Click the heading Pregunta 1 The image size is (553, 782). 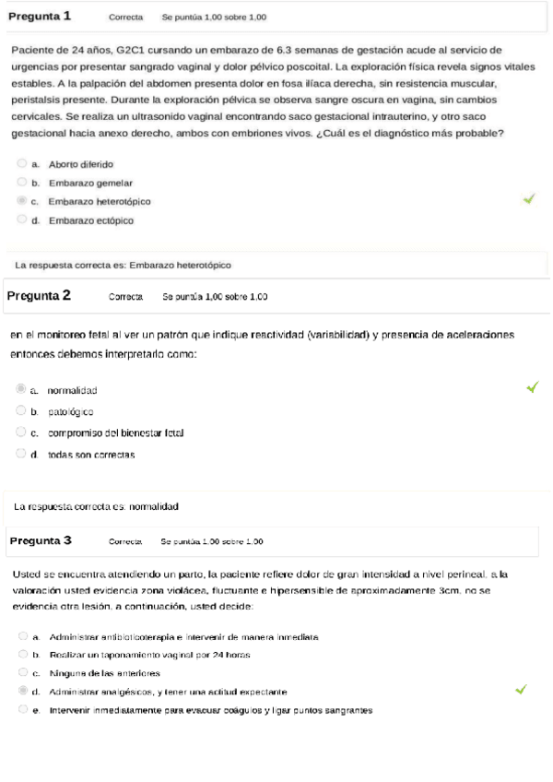click(x=39, y=17)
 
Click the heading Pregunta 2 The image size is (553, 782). click(x=39, y=296)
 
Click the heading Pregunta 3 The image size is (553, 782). click(x=41, y=540)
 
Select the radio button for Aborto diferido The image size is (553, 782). click(x=21, y=163)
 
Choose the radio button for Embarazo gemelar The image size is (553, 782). click(x=21, y=182)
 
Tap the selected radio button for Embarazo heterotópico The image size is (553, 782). click(x=21, y=200)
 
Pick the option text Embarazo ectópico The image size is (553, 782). click(x=91, y=220)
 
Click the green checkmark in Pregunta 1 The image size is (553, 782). click(x=528, y=198)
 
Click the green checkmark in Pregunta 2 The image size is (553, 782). click(x=532, y=388)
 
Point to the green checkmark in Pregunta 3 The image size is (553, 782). click(x=521, y=689)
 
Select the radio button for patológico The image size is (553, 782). click(x=21, y=411)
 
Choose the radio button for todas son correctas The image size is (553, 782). click(x=21, y=453)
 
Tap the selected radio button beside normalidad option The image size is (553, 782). click(x=21, y=389)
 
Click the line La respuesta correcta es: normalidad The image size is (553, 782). click(x=96, y=506)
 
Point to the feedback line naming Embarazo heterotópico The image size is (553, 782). click(x=123, y=265)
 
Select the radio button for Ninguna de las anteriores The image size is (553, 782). click(x=23, y=672)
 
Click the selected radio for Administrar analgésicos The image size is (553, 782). click(x=23, y=691)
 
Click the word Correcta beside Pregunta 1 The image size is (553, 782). click(x=125, y=18)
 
